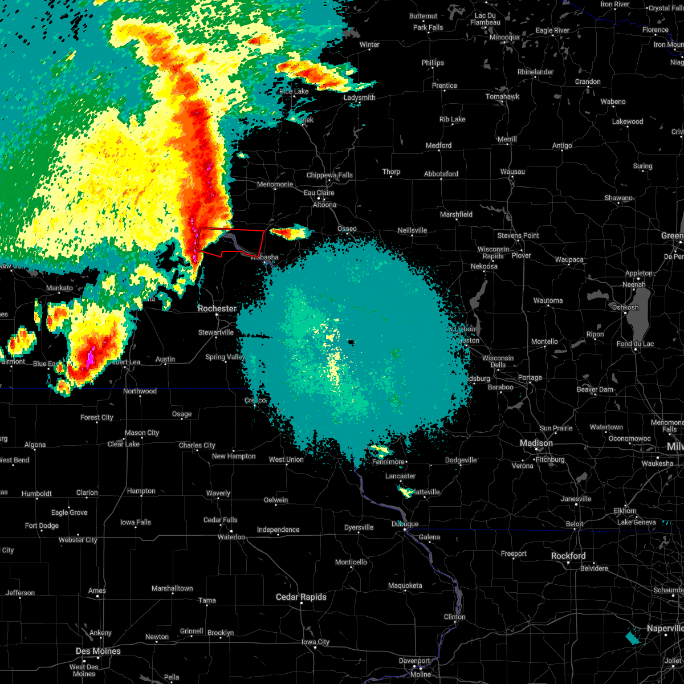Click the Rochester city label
tap(217, 308)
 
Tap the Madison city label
tap(536, 443)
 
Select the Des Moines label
tap(98, 651)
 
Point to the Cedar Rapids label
tap(301, 597)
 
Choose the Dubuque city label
tap(405, 524)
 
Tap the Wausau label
tap(512, 172)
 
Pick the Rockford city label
tap(568, 556)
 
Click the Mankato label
tap(59, 288)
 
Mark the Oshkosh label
tap(625, 307)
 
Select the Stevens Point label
tap(518, 235)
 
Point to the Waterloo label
tap(231, 537)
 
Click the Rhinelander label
tap(535, 72)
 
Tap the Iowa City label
tap(315, 642)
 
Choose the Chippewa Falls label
tap(329, 175)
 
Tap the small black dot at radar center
tap(351, 342)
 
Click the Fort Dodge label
tap(42, 526)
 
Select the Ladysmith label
tap(359, 97)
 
